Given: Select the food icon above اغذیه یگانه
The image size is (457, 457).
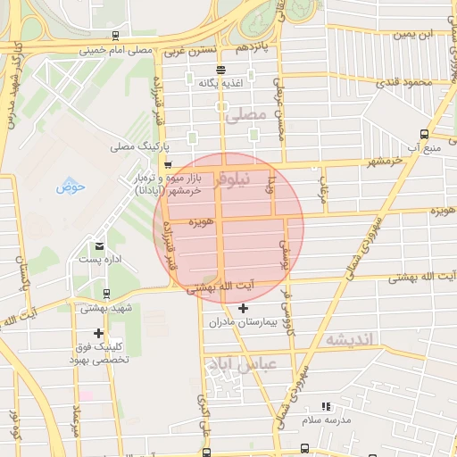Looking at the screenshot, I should (220, 70).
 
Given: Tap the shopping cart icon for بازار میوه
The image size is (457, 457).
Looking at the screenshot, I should (167, 165).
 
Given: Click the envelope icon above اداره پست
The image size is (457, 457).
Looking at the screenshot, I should (98, 245).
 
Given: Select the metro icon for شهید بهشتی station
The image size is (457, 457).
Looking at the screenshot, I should (106, 294).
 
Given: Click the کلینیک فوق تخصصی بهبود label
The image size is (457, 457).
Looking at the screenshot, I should (100, 353).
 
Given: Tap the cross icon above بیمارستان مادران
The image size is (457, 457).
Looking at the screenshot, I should (243, 307).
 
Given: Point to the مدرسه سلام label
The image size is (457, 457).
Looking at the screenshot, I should (327, 420).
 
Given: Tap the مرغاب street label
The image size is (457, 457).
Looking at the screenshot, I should (326, 188).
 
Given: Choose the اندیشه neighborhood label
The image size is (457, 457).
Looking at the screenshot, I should (352, 339).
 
